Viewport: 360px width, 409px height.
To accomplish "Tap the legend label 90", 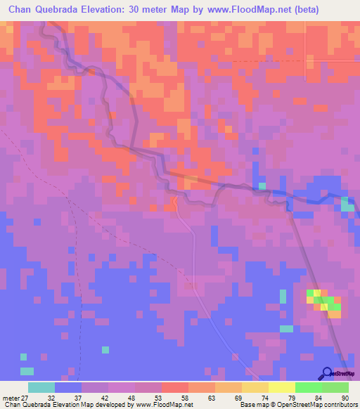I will point(345,397).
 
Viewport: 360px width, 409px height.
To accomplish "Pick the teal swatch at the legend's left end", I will point(41,387).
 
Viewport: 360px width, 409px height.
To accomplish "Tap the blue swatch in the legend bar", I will point(68,387).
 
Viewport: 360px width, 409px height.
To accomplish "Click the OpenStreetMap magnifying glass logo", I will point(327,374).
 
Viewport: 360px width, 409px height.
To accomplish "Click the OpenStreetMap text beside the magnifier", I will point(344,375).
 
